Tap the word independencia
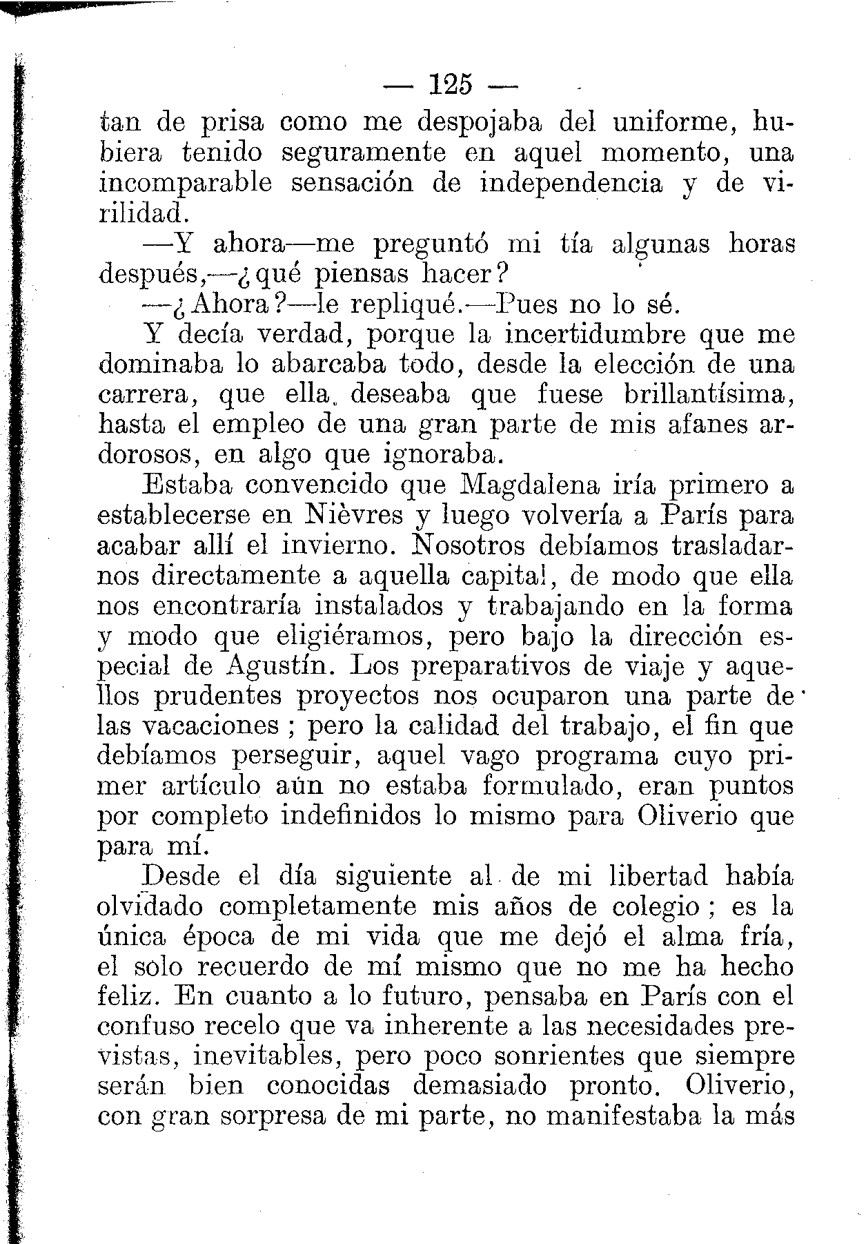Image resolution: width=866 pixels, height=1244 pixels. pos(571,184)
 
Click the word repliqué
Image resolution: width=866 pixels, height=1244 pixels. pos(402,304)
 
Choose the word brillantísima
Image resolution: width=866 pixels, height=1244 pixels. pos(708,395)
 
